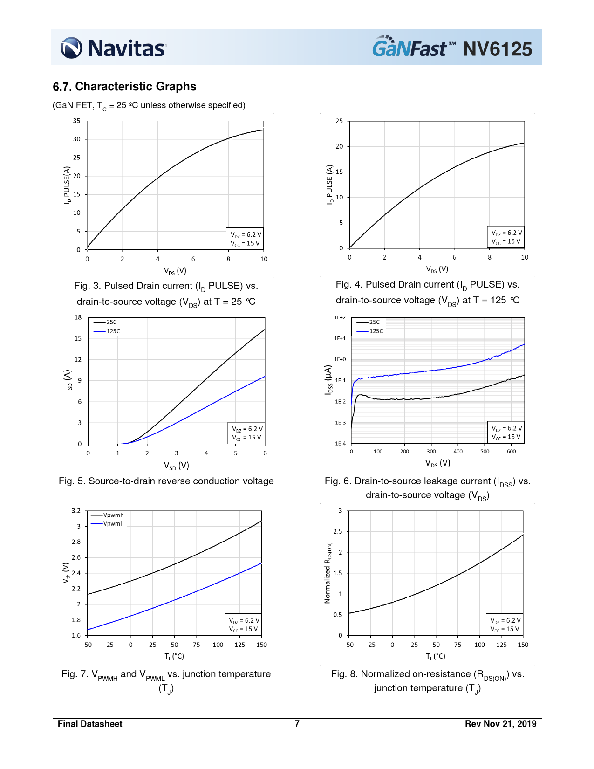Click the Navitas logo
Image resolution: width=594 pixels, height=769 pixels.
tap(113, 48)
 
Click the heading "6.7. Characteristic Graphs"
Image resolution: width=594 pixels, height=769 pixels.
tap(124, 87)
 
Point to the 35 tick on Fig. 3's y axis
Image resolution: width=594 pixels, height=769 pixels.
tap(77, 121)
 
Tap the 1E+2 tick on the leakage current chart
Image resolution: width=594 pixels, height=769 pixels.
tap(340, 317)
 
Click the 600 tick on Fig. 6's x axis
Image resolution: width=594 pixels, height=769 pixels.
tap(511, 451)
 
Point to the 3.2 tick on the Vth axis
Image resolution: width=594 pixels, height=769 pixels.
tap(76, 510)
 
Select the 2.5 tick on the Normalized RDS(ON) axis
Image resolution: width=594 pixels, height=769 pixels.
tap(338, 531)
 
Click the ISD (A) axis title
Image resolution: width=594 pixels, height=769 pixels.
tap(68, 380)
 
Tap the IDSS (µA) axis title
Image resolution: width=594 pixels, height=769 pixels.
tap(328, 380)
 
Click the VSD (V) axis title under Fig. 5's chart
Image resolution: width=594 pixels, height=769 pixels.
tap(176, 466)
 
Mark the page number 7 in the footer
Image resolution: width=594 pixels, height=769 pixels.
tap(297, 724)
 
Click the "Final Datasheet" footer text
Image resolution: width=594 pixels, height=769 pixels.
tap(90, 724)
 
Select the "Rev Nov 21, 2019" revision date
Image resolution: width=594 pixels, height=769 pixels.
tap(500, 724)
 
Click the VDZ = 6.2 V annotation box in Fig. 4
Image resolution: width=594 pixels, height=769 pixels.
tap(506, 237)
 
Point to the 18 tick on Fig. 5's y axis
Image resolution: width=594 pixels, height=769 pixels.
tap(78, 317)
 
